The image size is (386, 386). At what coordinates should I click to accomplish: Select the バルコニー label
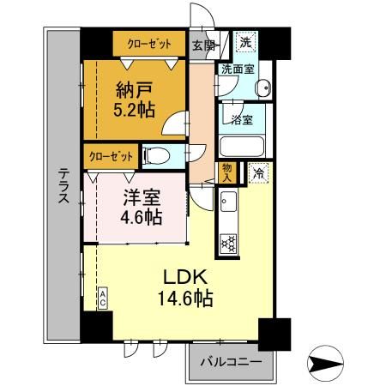click(231, 362)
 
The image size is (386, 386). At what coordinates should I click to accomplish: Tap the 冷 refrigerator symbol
click(258, 172)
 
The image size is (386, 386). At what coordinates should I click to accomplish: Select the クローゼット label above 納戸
click(148, 42)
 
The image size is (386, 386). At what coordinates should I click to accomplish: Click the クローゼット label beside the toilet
click(112, 156)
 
